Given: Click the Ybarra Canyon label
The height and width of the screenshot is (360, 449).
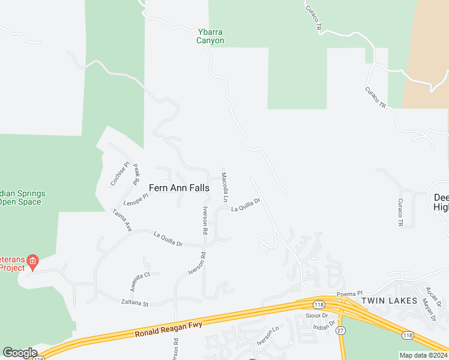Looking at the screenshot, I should pos(211,37).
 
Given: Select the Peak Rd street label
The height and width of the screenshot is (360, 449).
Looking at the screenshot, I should pos(136,174).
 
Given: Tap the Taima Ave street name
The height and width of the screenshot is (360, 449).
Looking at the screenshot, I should pos(122,220).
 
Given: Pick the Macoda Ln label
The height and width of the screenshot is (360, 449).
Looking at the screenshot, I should pos(224,187).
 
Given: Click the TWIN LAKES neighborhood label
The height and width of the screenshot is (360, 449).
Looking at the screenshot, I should pos(388,300).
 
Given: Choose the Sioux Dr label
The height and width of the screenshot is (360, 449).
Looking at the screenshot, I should pos(316,315).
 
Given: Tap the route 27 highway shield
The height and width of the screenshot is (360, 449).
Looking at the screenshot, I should pos(341,330).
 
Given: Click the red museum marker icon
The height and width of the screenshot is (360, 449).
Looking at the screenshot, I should pos(32,260).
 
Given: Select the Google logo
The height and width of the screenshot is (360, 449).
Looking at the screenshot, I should pos(20,353).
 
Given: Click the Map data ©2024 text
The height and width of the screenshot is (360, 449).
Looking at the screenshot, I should pos(423,355).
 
